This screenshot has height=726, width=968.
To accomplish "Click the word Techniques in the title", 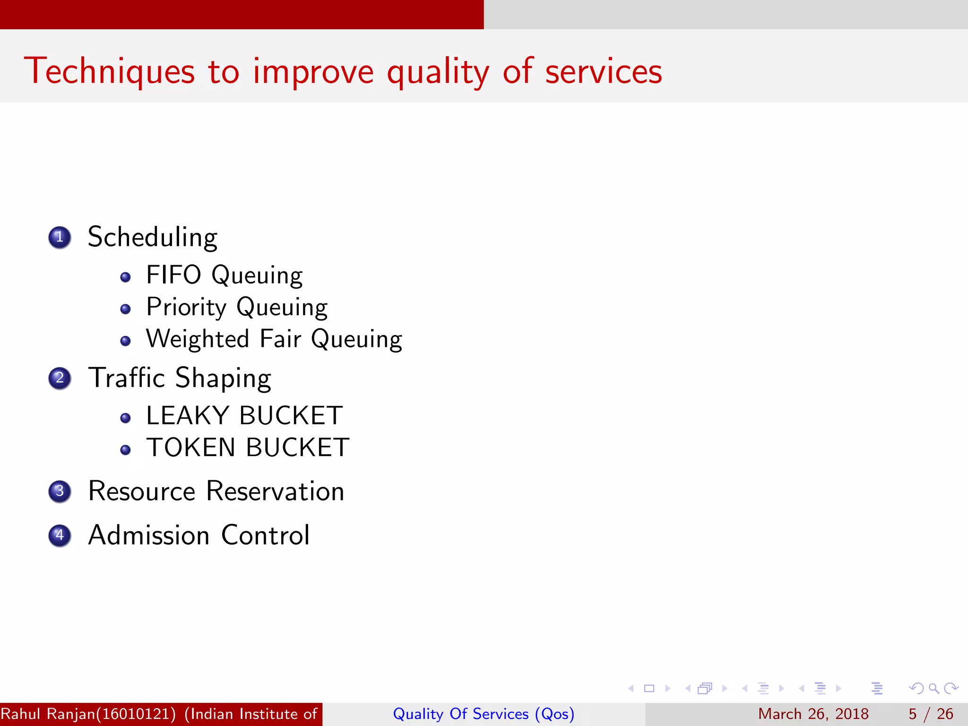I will click(109, 71).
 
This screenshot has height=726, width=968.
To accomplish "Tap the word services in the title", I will click(604, 72).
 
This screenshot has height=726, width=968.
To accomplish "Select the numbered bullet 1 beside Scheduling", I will click(60, 237).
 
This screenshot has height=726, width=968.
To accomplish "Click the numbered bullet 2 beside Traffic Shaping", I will click(60, 378).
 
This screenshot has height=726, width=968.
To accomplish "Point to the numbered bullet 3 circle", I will click(60, 491).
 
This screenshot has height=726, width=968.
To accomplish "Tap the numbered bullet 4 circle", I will click(60, 536).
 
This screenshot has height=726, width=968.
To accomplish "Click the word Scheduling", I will click(153, 237).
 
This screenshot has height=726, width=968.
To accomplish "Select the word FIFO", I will click(173, 275).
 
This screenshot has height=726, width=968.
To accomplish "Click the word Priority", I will click(187, 308).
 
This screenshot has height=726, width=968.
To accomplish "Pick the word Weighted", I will click(198, 339).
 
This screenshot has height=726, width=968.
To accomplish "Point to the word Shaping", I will click(223, 379).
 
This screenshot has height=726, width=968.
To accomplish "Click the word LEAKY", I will click(188, 415).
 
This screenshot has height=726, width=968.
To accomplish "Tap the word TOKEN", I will click(191, 448).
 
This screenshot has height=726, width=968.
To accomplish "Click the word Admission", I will click(149, 536).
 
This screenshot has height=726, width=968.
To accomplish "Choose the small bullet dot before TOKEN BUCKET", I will click(125, 449).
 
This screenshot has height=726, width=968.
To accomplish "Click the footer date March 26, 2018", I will click(813, 714).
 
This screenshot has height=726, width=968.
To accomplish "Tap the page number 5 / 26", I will click(931, 714).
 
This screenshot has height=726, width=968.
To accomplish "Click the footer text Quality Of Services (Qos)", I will click(484, 714).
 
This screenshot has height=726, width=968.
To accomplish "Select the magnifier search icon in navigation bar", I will click(933, 688).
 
